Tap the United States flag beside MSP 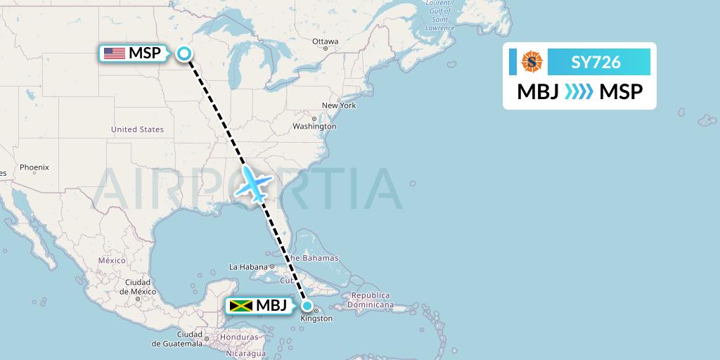(x=114, y=53)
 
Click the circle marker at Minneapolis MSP (x=184, y=53)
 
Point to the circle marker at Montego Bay (x=307, y=306)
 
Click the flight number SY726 (x=596, y=62)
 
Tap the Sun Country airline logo (x=532, y=62)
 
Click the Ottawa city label (x=326, y=41)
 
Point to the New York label (x=339, y=105)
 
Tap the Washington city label (x=314, y=127)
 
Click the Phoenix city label (x=34, y=167)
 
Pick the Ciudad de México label (x=140, y=287)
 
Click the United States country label (x=137, y=129)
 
